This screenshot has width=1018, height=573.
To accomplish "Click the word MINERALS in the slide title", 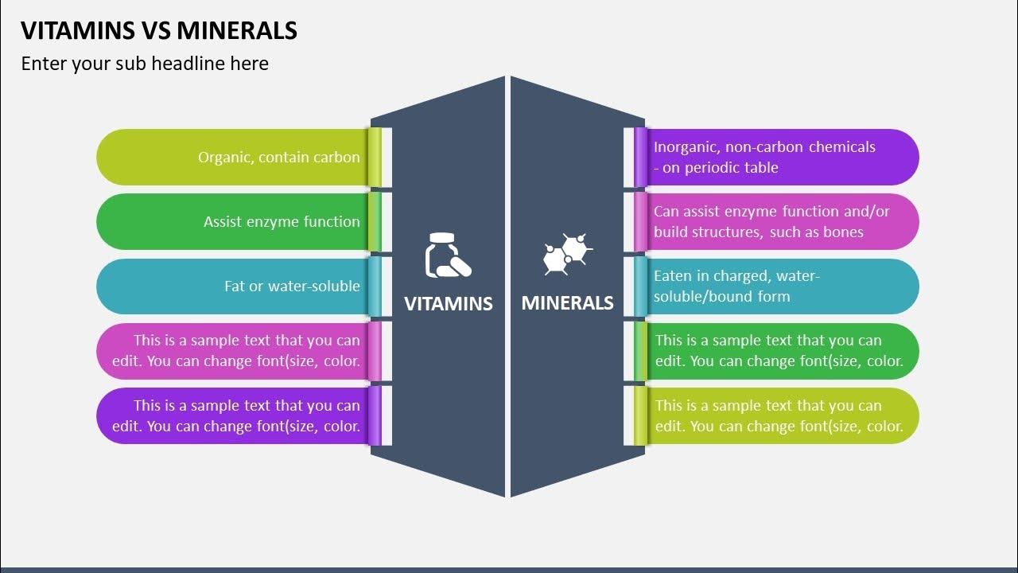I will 237,30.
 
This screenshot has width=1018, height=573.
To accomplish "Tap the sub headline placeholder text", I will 145,64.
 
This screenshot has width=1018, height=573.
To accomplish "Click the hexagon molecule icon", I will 568,255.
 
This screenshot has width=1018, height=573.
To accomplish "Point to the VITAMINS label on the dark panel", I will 449,303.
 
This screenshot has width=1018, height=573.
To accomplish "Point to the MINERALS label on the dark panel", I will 567,303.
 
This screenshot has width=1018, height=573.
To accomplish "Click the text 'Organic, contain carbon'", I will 278,158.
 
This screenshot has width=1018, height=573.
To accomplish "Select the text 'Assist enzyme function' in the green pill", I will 282,222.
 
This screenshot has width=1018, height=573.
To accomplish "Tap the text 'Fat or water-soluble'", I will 292,286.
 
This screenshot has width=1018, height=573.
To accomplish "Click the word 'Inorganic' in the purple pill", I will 686,147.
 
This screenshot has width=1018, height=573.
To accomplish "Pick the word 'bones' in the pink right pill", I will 843,232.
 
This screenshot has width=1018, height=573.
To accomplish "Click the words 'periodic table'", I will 731,168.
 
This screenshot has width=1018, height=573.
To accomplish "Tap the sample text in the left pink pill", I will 236,351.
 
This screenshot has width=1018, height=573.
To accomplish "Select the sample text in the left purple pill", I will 236,416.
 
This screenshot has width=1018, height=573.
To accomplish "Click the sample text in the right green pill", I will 779,351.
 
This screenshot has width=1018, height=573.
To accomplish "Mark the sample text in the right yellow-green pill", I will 779,416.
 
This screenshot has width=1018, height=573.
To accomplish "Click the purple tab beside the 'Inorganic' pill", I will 640,157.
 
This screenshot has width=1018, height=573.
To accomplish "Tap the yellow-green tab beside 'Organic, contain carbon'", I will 375,157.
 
